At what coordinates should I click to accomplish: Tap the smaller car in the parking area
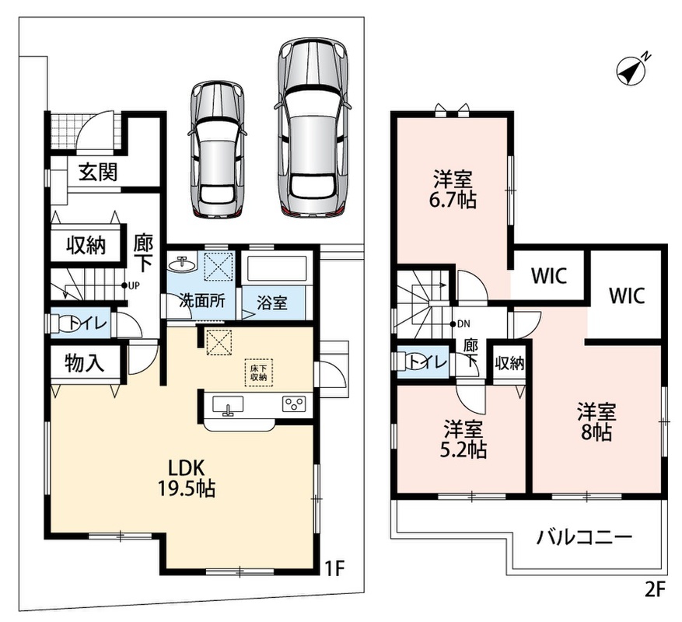(x=217, y=149)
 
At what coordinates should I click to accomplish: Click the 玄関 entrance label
(x=98, y=173)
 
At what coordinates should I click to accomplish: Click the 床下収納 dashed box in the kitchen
(x=258, y=372)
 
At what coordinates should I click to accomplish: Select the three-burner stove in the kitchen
(x=294, y=404)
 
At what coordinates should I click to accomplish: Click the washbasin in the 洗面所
(x=182, y=263)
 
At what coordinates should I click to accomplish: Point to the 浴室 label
(x=272, y=302)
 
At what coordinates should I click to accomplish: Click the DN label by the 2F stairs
(x=463, y=323)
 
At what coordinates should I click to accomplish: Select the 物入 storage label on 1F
(x=85, y=362)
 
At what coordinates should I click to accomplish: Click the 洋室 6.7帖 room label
(x=453, y=189)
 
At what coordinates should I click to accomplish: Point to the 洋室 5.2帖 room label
(x=463, y=439)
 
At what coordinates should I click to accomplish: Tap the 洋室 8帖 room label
(x=596, y=422)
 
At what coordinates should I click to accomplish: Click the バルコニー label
(x=584, y=537)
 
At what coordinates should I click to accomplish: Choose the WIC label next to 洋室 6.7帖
(x=549, y=276)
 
